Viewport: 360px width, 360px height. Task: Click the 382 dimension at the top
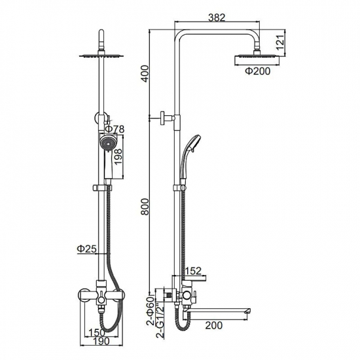tap(217, 18)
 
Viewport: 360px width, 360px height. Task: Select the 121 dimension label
tap(280, 43)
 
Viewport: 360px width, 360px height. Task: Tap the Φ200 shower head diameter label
tap(258, 71)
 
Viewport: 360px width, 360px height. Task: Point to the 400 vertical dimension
tap(145, 74)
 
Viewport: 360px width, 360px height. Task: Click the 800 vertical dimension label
tap(145, 207)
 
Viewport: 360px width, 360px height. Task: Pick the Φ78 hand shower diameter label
tap(115, 129)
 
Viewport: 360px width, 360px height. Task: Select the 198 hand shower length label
tap(118, 156)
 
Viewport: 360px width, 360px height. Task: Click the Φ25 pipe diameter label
tap(87, 249)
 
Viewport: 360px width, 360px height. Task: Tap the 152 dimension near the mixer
tap(193, 271)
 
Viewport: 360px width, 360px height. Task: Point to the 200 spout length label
tap(214, 325)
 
